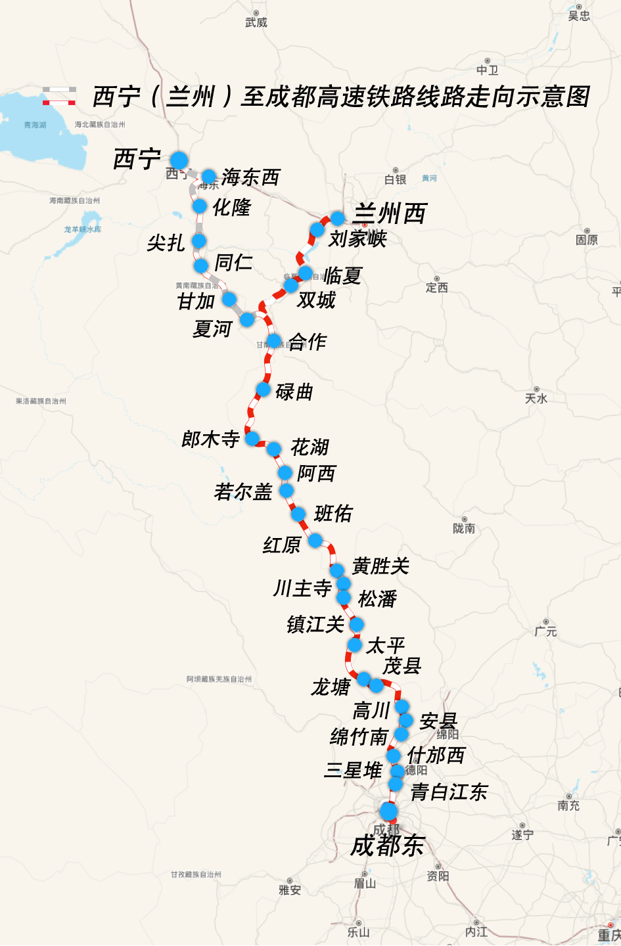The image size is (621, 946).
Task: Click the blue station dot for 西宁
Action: click(179, 160)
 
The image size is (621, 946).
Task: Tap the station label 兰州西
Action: click(390, 214)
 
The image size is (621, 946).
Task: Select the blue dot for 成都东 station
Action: click(388, 811)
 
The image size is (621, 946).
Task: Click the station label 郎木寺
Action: click(210, 439)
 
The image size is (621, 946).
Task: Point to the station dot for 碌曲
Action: click(263, 390)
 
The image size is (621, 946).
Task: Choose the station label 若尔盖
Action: click(243, 491)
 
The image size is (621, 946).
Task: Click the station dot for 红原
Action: click(315, 541)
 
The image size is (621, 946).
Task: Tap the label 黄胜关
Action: click(381, 566)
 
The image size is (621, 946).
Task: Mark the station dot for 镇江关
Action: click(356, 624)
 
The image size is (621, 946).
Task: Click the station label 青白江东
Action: click(449, 792)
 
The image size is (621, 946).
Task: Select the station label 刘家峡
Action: click(357, 238)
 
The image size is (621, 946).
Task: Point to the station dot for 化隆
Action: click(200, 206)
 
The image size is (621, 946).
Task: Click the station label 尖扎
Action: click(166, 243)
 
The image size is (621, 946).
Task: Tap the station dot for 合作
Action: click(274, 340)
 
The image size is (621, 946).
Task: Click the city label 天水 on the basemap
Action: click(536, 398)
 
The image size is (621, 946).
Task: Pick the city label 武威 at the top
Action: click(256, 22)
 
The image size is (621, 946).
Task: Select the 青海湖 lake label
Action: click(35, 125)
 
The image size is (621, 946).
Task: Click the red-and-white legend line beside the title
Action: click(59, 102)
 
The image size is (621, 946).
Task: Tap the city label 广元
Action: click(545, 631)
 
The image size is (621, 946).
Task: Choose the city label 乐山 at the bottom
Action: click(358, 932)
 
